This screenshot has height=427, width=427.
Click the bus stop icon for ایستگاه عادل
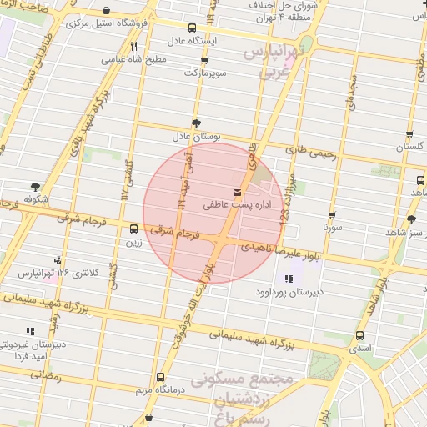pos(193,28)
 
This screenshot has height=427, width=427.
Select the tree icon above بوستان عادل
pos(196,122)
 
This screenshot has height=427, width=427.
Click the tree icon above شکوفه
pos(34,187)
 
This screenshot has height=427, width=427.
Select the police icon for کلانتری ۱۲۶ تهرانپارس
pos(57,261)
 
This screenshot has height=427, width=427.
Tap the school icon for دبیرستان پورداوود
pos(288,279)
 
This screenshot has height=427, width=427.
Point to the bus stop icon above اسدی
pos(359,335)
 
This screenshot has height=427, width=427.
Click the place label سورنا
pos(332,225)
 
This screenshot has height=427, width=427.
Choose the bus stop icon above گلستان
pos(409,134)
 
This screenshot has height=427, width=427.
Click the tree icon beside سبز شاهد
pos(410,219)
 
